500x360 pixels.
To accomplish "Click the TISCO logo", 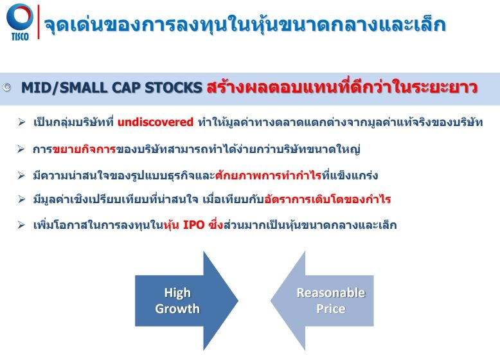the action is point(20,22).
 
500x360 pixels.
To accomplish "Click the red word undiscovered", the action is point(156,122).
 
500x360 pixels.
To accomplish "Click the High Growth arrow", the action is point(186,301).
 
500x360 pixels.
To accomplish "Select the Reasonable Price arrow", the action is point(322,301).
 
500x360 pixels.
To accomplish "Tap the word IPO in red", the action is point(193,225).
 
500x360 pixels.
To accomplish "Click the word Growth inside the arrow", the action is point(177,309).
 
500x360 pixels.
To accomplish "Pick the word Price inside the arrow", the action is point(331,309).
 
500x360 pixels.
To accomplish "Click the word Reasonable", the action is point(331,292).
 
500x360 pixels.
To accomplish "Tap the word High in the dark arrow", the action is point(177,293).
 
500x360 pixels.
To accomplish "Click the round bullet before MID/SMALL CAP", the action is point(6,87).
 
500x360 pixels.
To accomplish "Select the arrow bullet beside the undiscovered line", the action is point(22,122).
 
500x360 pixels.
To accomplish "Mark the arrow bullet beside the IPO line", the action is point(22,225).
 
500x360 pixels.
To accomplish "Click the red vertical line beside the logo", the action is point(39,22).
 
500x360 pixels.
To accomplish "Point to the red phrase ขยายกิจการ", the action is point(84,149).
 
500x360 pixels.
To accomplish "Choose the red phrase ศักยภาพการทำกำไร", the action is point(268,175).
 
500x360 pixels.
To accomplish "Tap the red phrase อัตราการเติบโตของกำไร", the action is point(328,200).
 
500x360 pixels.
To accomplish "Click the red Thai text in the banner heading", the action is point(342,87).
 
